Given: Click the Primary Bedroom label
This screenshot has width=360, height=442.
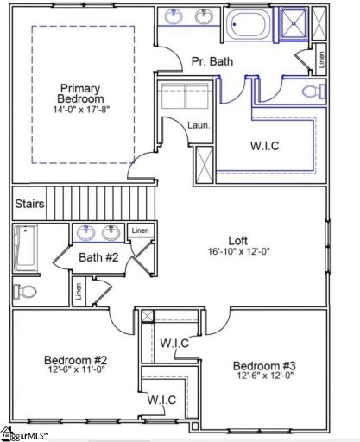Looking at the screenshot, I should (80, 93).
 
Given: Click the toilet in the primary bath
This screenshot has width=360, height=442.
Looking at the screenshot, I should (313, 92).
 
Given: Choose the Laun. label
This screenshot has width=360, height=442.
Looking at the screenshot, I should (199, 126).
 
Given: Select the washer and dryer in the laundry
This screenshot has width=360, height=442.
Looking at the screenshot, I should (184, 96).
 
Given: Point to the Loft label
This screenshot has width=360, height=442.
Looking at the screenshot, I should (238, 241).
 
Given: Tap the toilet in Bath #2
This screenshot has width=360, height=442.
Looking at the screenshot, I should (26, 291).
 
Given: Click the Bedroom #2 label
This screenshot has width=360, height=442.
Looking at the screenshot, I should (75, 359).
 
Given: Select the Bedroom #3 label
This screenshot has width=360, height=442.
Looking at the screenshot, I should (260, 365).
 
